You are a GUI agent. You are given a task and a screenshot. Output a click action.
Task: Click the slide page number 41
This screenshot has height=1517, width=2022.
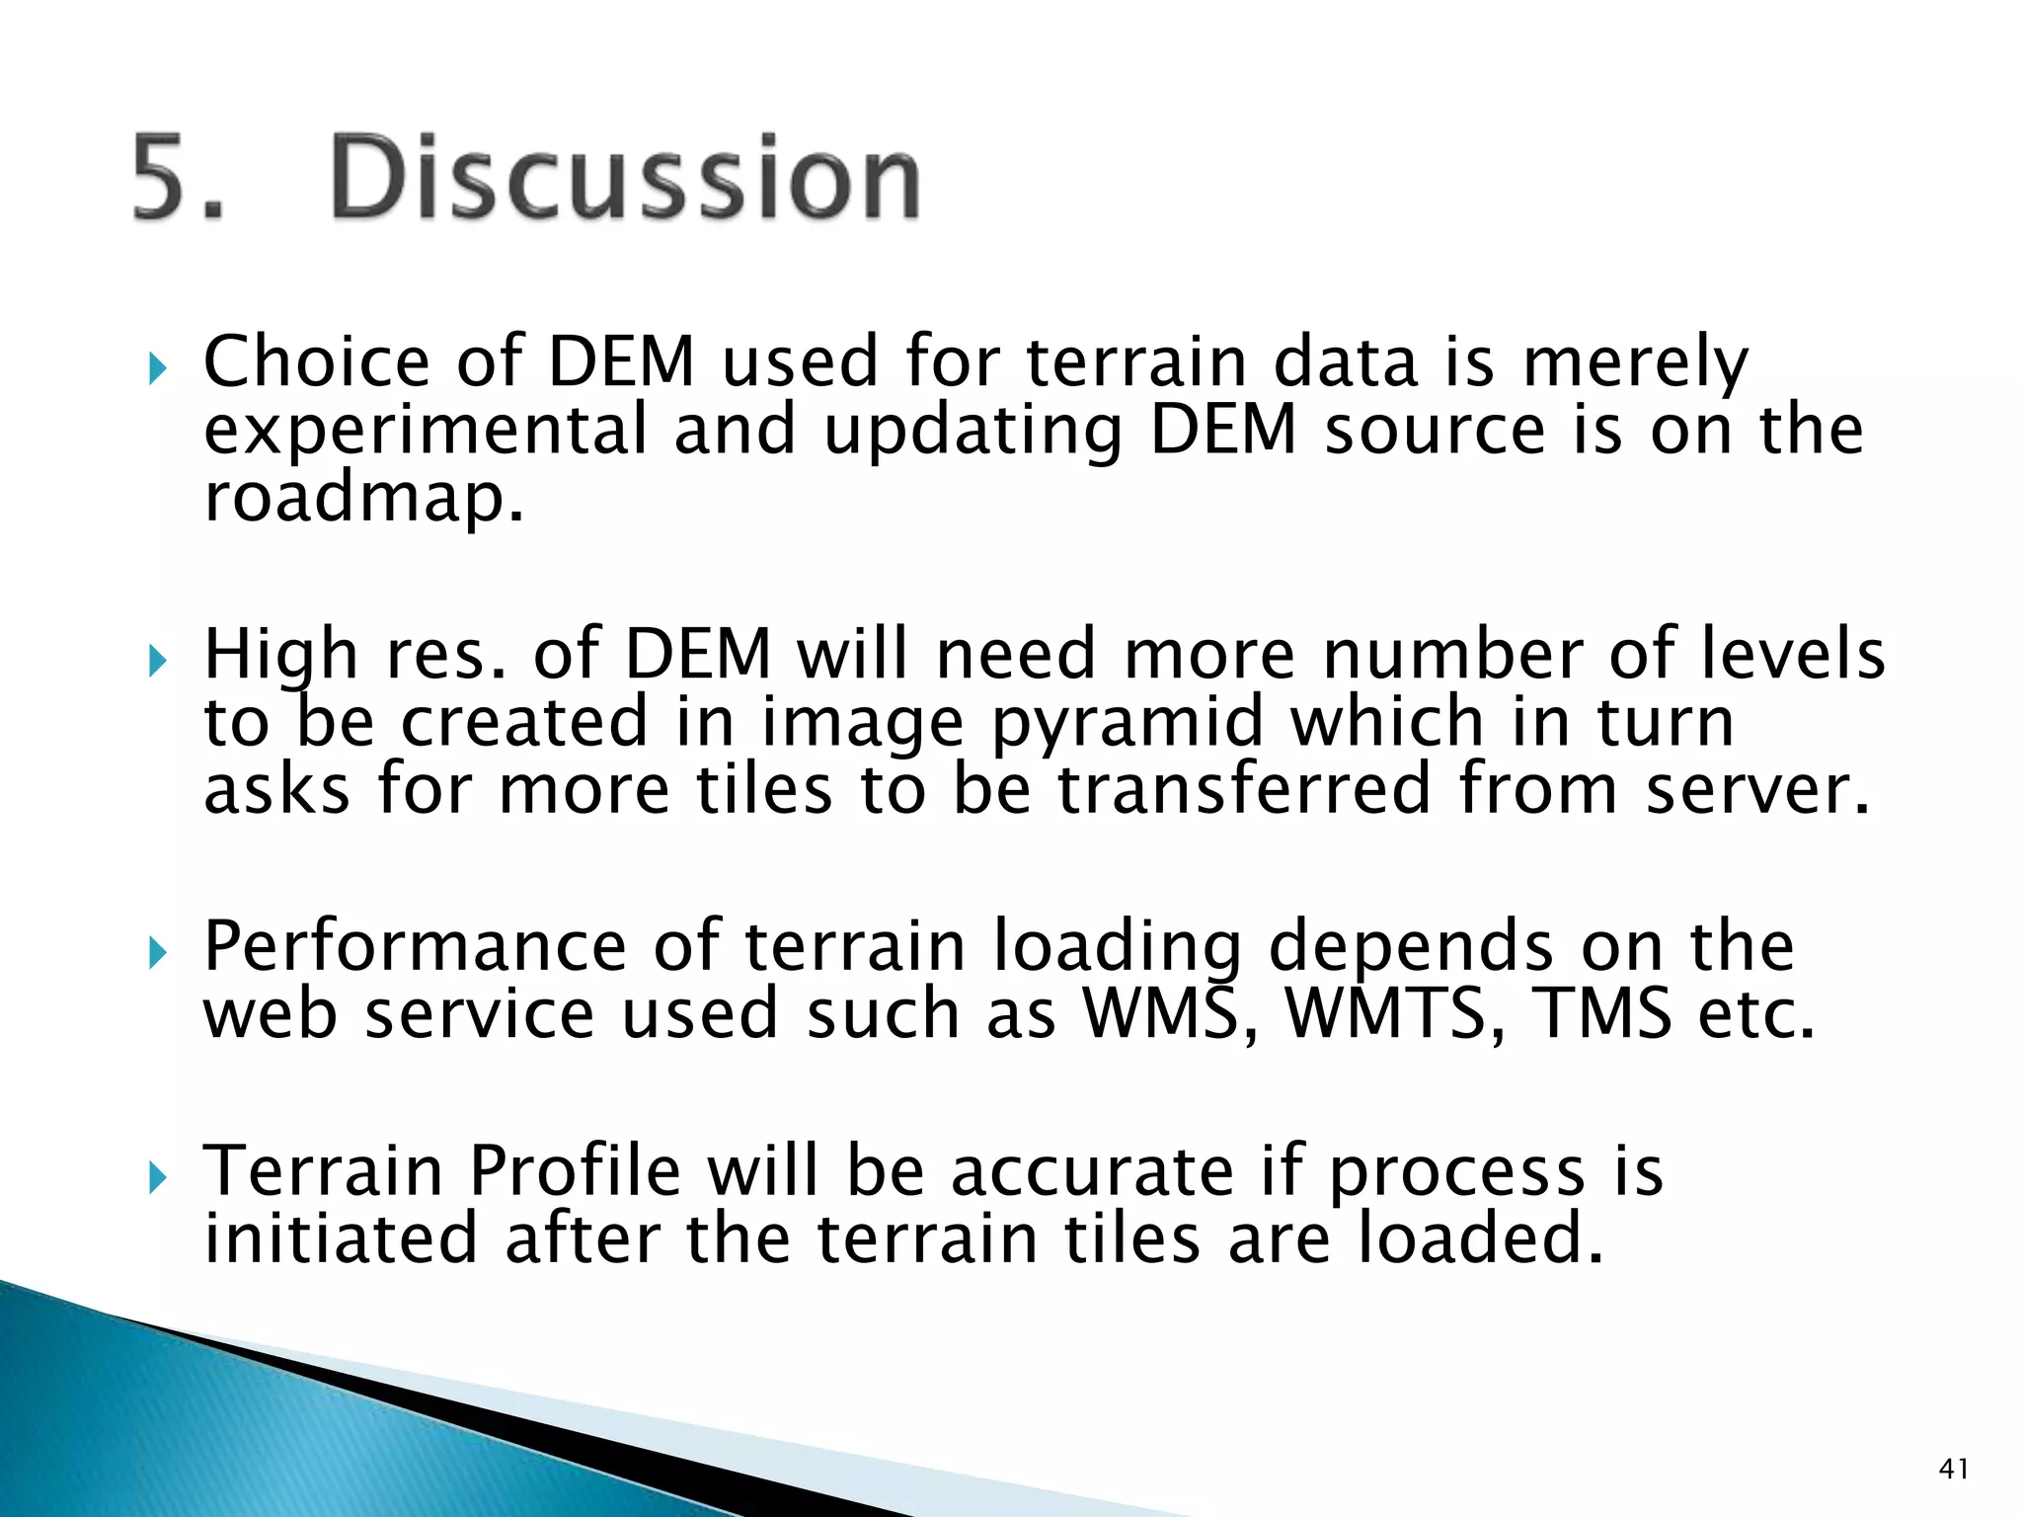tap(1953, 1469)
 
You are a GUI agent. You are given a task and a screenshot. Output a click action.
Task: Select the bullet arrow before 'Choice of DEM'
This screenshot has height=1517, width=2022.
tap(156, 370)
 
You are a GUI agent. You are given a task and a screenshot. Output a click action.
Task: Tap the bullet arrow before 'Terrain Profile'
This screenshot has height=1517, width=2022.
tap(156, 1177)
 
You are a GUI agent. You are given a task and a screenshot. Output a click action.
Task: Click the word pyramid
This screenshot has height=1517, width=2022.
tap(1128, 724)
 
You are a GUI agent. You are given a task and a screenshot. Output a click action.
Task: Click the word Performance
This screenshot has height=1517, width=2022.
tap(415, 947)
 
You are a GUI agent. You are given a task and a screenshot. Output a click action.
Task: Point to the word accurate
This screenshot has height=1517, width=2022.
tap(1092, 1172)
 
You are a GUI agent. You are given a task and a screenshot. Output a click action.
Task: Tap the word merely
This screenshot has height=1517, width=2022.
tap(1635, 363)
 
